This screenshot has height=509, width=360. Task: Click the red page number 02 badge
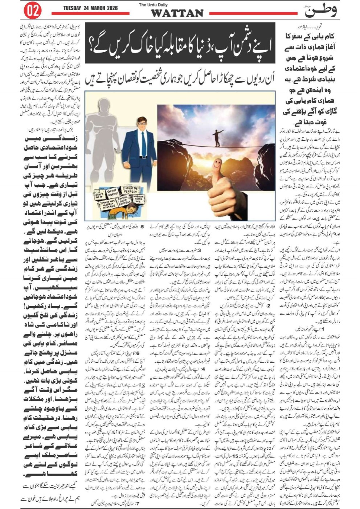coord(32,11)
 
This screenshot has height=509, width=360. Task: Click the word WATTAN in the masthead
coord(177,13)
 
